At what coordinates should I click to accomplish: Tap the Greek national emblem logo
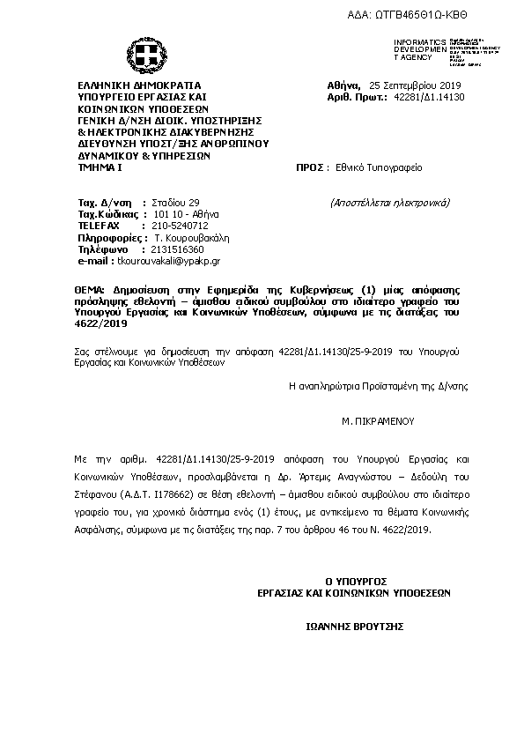coord(141,55)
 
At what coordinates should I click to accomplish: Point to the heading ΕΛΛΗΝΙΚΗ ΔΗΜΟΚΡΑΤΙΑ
coord(139,86)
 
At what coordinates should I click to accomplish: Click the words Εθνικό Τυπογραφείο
coord(373,166)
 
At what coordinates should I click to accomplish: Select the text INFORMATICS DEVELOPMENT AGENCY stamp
coord(420,50)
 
